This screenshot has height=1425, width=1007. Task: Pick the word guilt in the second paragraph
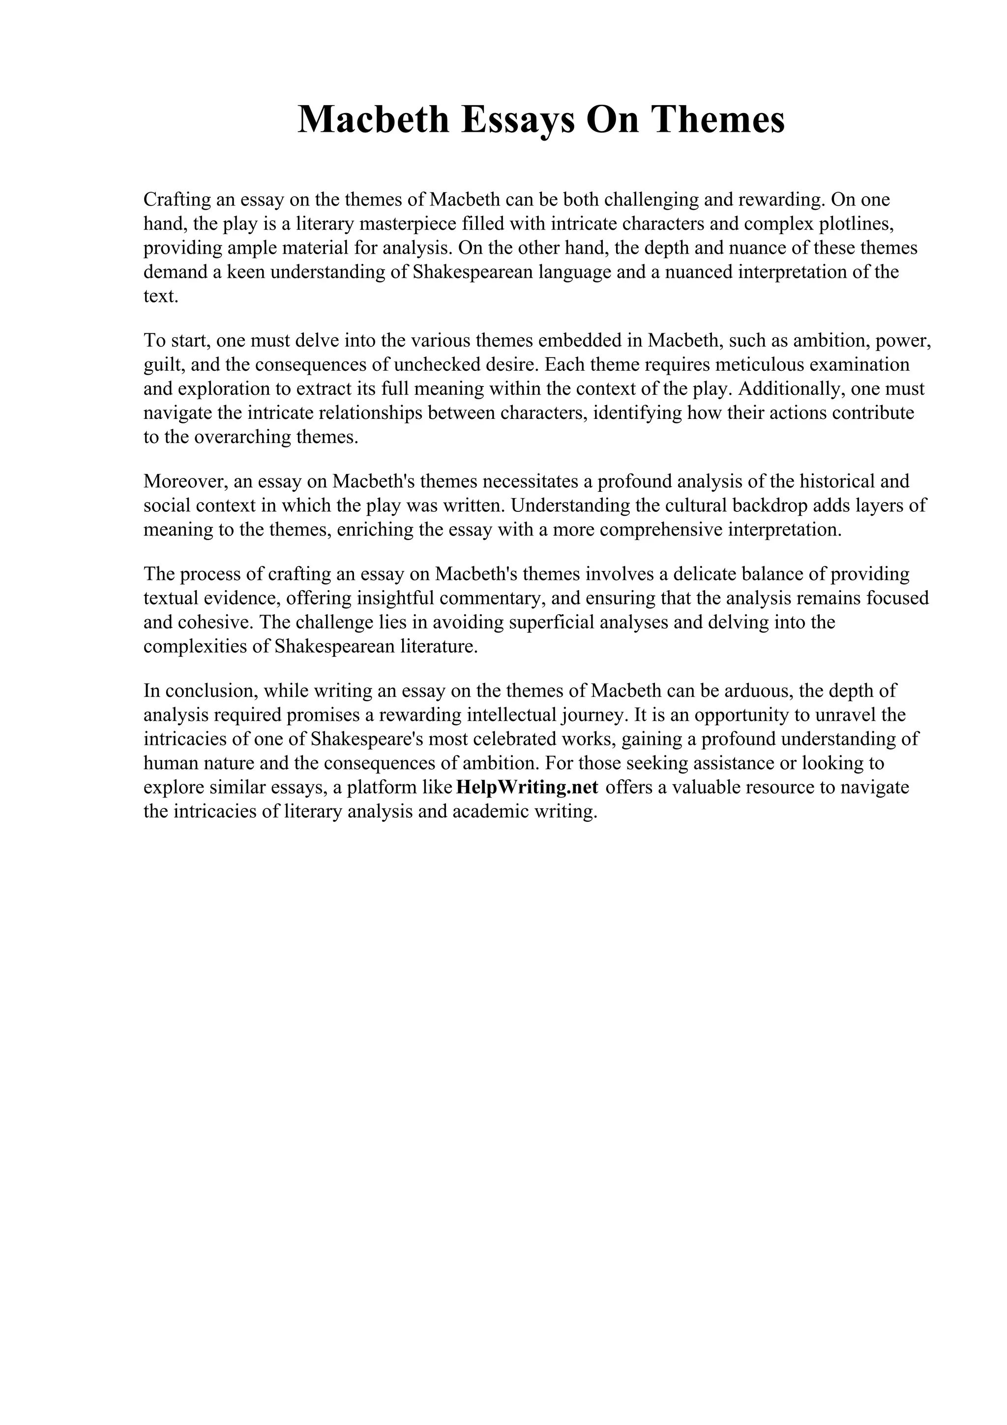tap(159, 364)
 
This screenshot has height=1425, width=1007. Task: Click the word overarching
tap(242, 437)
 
